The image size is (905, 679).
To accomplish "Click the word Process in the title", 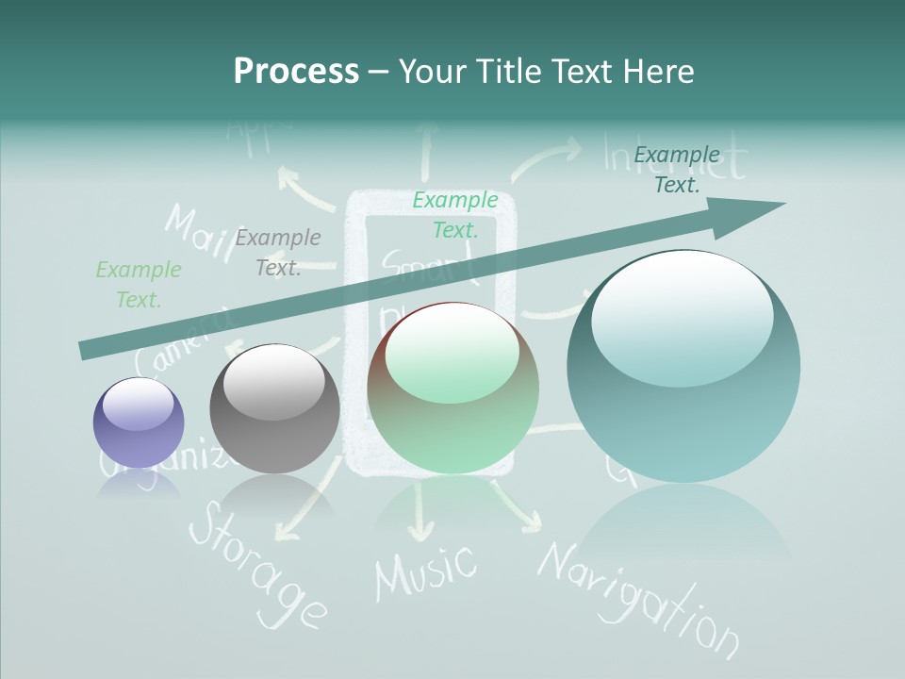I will (x=296, y=72).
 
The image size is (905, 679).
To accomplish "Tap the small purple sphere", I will (x=139, y=422).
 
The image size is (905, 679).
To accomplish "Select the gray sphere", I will (x=274, y=408).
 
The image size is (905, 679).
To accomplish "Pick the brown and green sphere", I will (x=453, y=388).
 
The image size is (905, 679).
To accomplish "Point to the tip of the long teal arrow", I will (x=782, y=204).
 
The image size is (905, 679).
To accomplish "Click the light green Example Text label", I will (x=139, y=285).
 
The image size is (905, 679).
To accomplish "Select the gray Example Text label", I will (x=278, y=253).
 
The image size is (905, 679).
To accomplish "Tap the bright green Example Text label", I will (x=455, y=214).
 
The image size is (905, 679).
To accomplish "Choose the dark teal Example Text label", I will (x=677, y=170).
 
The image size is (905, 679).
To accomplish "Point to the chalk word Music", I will (x=425, y=570).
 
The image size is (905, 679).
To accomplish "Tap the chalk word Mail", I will (x=198, y=232).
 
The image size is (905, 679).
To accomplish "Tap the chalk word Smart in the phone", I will (x=428, y=269).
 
